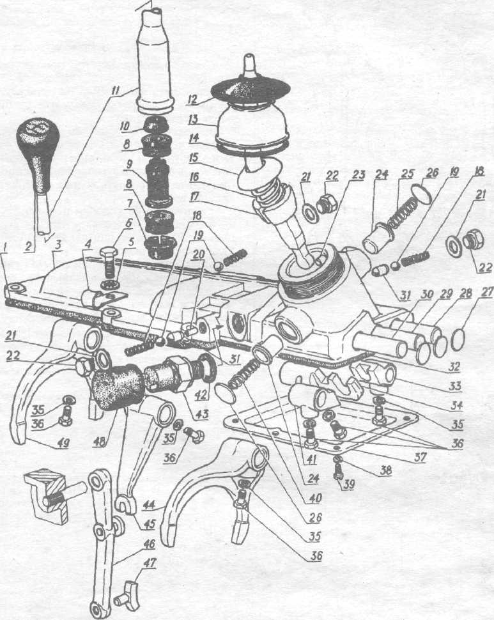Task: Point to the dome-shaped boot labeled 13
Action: (253, 128)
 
